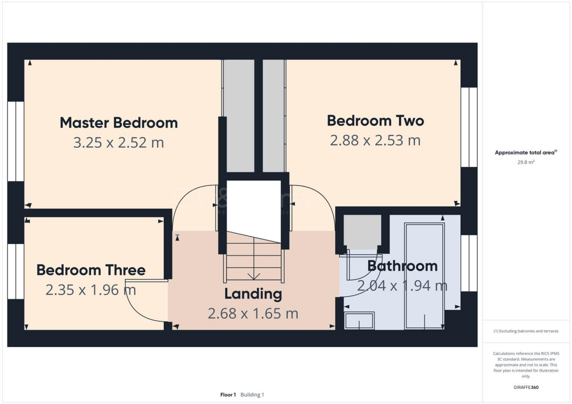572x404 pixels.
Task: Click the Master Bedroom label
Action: [118, 122]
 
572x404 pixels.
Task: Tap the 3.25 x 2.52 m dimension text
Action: [118, 142]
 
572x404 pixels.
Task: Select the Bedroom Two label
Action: [375, 121]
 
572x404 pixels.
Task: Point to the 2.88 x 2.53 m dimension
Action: [375, 140]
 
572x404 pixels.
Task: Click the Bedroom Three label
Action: [91, 271]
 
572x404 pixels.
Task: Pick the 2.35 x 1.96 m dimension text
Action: [91, 290]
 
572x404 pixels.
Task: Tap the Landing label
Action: [253, 294]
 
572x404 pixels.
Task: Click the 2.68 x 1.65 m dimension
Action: [253, 314]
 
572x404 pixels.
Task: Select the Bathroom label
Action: [402, 266]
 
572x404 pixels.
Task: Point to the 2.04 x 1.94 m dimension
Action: [402, 286]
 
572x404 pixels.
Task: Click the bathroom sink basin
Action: [359, 321]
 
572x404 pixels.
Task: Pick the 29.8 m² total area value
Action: [527, 162]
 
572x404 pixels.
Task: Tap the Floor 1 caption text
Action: [228, 395]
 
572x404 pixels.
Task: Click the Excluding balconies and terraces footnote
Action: [526, 331]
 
